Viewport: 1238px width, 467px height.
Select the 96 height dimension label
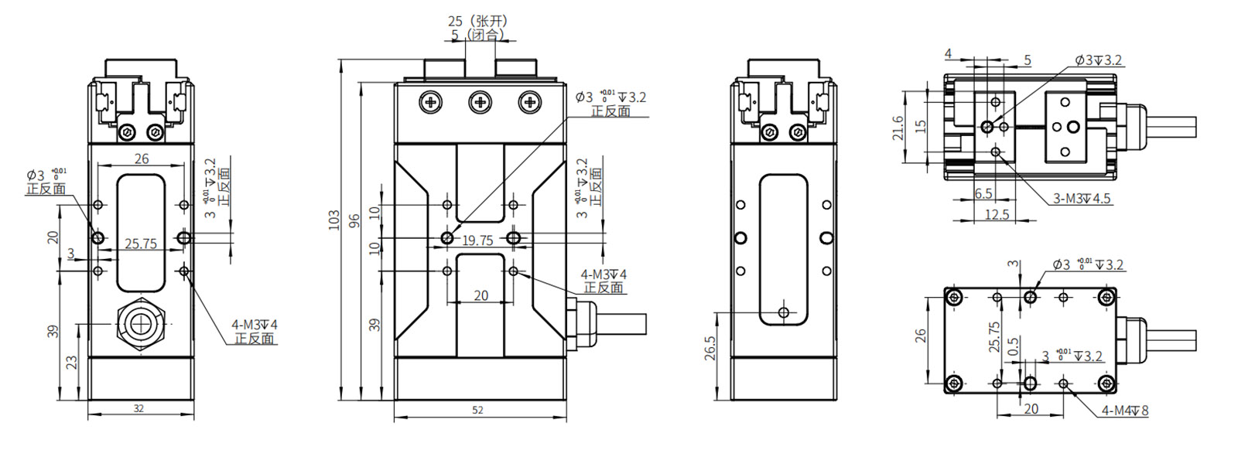click(354, 220)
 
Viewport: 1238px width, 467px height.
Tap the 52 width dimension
click(477, 410)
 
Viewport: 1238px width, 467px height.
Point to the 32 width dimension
click(139, 408)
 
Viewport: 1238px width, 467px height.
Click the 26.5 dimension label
click(710, 348)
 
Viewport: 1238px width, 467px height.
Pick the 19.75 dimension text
click(477, 240)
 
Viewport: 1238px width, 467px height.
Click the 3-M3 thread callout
click(1081, 199)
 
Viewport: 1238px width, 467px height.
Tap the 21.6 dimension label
click(898, 128)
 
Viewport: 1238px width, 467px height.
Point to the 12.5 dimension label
click(997, 214)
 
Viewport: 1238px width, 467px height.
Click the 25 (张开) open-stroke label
click(477, 21)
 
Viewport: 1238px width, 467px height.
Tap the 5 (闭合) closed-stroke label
click(477, 35)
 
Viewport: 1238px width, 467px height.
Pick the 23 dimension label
click(72, 361)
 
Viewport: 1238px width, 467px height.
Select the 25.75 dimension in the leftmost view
click(141, 244)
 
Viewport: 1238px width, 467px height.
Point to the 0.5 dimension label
click(1014, 344)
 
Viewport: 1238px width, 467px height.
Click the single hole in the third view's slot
click(784, 312)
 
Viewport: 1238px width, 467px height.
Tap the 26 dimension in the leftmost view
click(141, 159)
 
